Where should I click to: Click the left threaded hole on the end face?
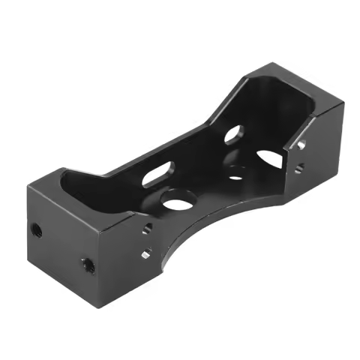[34, 226]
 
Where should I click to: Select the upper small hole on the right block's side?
[301, 142]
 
